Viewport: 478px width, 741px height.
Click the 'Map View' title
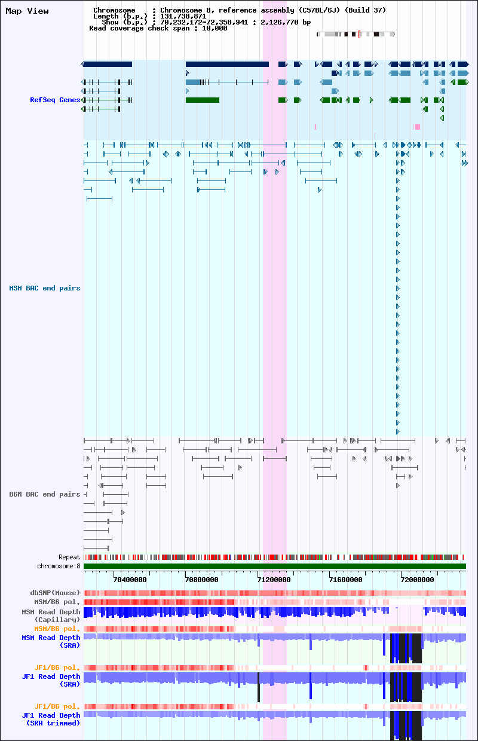coord(27,11)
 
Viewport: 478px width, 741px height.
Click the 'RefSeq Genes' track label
coord(55,100)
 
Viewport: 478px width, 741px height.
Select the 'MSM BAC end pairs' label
coord(45,288)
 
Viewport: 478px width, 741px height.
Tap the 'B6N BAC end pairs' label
coord(45,494)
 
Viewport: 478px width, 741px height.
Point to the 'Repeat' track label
coord(69,557)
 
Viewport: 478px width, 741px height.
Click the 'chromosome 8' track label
coord(59,566)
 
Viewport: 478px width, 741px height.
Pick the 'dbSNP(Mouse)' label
coord(55,593)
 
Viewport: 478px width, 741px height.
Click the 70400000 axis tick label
coord(130,580)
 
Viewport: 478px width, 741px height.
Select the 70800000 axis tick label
coord(202,580)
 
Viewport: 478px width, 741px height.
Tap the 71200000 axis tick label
coord(274,580)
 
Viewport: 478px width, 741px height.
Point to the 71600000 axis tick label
coord(346,580)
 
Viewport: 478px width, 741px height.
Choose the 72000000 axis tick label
coord(418,580)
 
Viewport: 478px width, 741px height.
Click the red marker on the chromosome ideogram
coord(359,35)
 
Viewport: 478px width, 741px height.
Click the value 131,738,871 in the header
coord(183,16)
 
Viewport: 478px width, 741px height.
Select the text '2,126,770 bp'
coord(286,22)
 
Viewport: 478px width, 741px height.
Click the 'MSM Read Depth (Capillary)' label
coord(51,616)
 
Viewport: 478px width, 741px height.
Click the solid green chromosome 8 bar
coord(275,566)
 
